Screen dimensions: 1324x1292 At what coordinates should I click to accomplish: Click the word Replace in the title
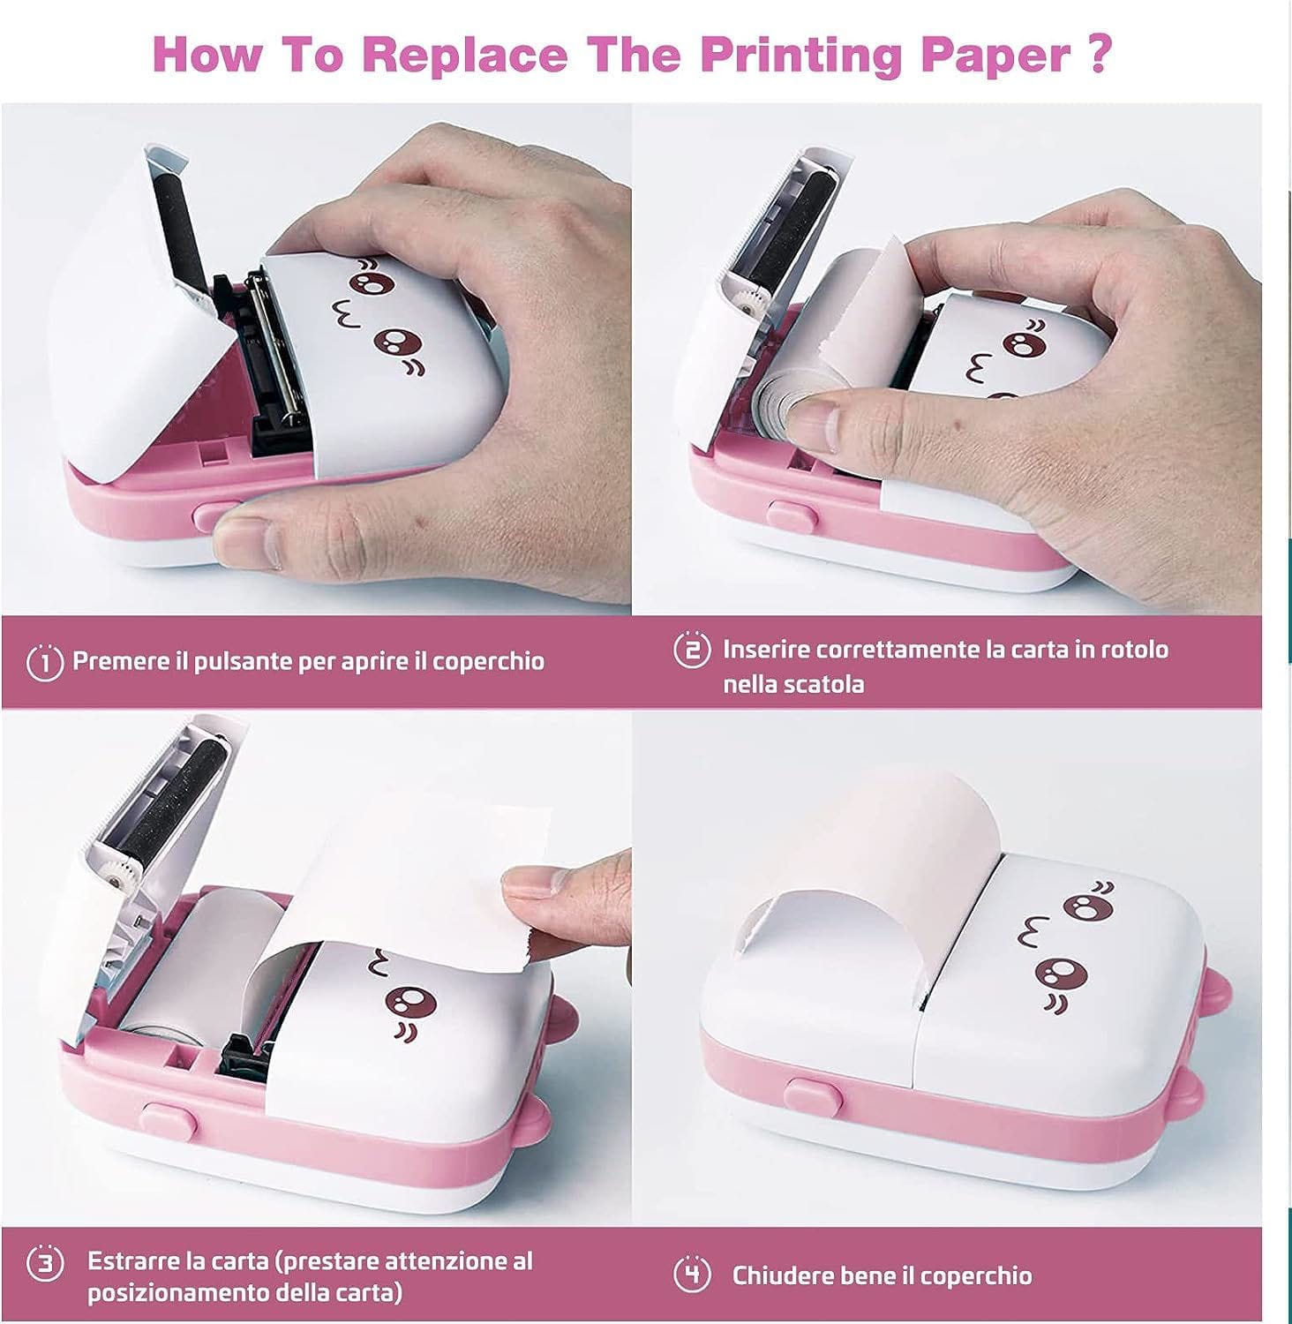point(464,55)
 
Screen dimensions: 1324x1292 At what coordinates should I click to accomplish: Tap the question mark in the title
point(1096,55)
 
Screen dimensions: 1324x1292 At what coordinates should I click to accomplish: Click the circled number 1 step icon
point(45,662)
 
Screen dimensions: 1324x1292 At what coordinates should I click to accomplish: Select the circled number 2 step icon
point(692,650)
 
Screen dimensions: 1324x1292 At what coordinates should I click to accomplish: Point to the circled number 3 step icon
point(45,1263)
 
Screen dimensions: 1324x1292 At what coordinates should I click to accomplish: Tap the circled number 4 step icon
point(692,1275)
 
